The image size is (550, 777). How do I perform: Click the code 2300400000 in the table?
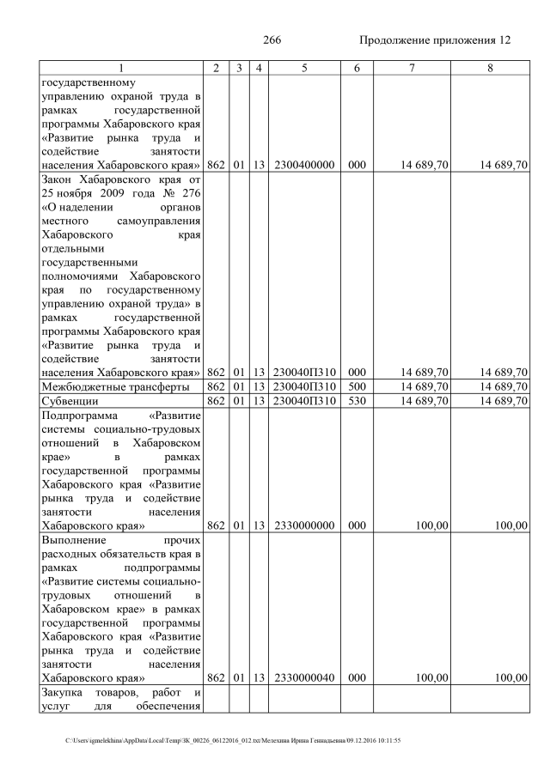(x=304, y=165)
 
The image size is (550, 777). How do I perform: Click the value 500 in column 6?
(x=351, y=386)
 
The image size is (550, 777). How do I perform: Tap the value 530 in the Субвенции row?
(x=351, y=400)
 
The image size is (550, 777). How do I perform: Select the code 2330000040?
(x=304, y=677)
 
